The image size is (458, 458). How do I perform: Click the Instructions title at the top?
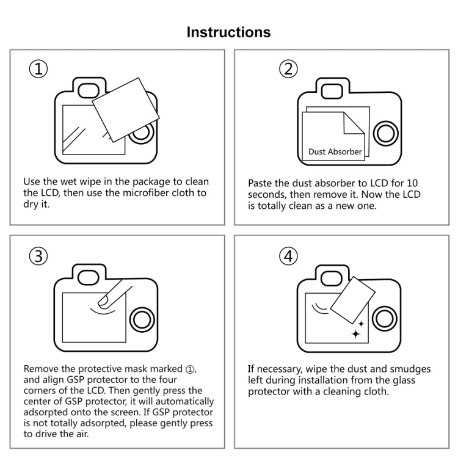[x=228, y=32]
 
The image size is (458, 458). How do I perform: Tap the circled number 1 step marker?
[x=38, y=69]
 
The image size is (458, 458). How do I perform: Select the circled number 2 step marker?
[x=288, y=69]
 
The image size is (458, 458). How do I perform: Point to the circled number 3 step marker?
[x=38, y=256]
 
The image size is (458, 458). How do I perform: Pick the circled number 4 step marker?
[x=288, y=256]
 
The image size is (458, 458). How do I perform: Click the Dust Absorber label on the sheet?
[x=335, y=151]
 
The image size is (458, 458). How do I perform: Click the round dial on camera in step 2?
[x=386, y=133]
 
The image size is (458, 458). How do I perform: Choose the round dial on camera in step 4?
[x=386, y=319]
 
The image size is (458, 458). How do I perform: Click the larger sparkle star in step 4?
[x=356, y=333]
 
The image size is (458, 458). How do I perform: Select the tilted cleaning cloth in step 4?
[x=352, y=299]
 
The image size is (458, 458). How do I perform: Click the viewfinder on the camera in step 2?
[x=332, y=91]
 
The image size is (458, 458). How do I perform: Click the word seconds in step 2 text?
[x=266, y=194]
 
